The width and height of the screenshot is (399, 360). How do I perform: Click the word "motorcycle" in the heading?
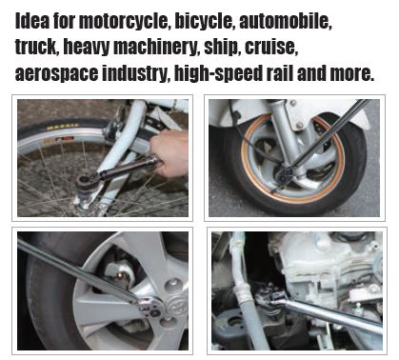(x=124, y=22)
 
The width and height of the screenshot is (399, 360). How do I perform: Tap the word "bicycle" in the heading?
(x=205, y=22)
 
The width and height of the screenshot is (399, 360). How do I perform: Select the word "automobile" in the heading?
(x=286, y=21)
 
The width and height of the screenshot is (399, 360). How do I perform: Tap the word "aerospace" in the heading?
(x=57, y=74)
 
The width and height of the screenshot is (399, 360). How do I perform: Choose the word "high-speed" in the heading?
(x=217, y=74)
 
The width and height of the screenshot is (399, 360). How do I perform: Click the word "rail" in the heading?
(x=279, y=73)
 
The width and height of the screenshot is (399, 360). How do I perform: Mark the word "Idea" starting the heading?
(x=32, y=21)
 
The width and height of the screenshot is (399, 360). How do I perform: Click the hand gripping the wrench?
(x=170, y=154)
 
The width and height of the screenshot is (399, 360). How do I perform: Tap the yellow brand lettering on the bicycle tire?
(x=63, y=127)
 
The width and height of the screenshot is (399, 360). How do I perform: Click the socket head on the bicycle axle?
(x=86, y=183)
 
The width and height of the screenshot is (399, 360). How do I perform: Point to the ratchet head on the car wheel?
(x=151, y=307)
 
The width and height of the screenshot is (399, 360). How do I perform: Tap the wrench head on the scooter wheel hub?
(x=285, y=174)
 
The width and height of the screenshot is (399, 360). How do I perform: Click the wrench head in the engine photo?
(x=270, y=297)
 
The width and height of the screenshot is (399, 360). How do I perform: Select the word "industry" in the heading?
(x=135, y=74)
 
